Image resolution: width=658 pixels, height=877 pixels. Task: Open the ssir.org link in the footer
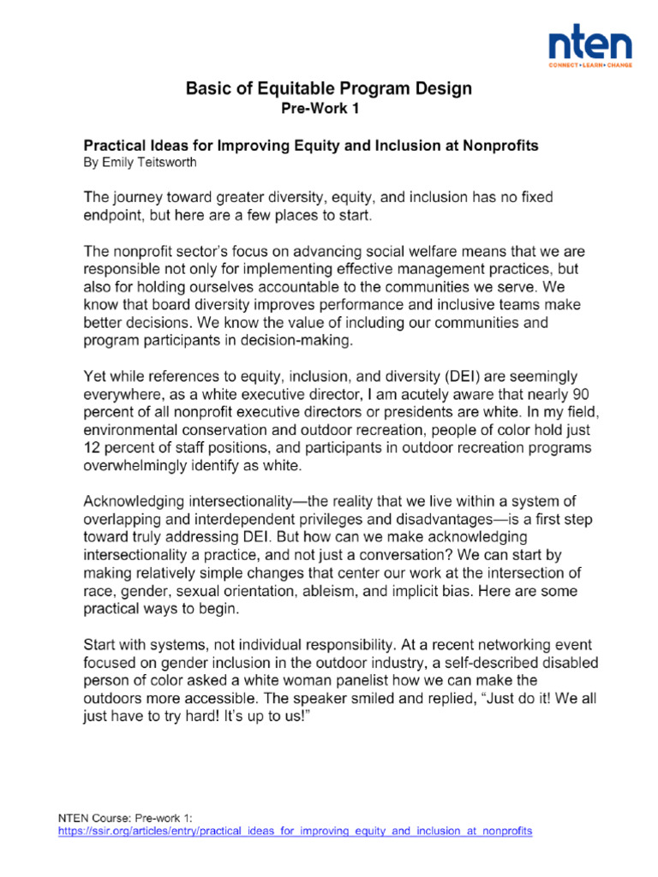[295, 831]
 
